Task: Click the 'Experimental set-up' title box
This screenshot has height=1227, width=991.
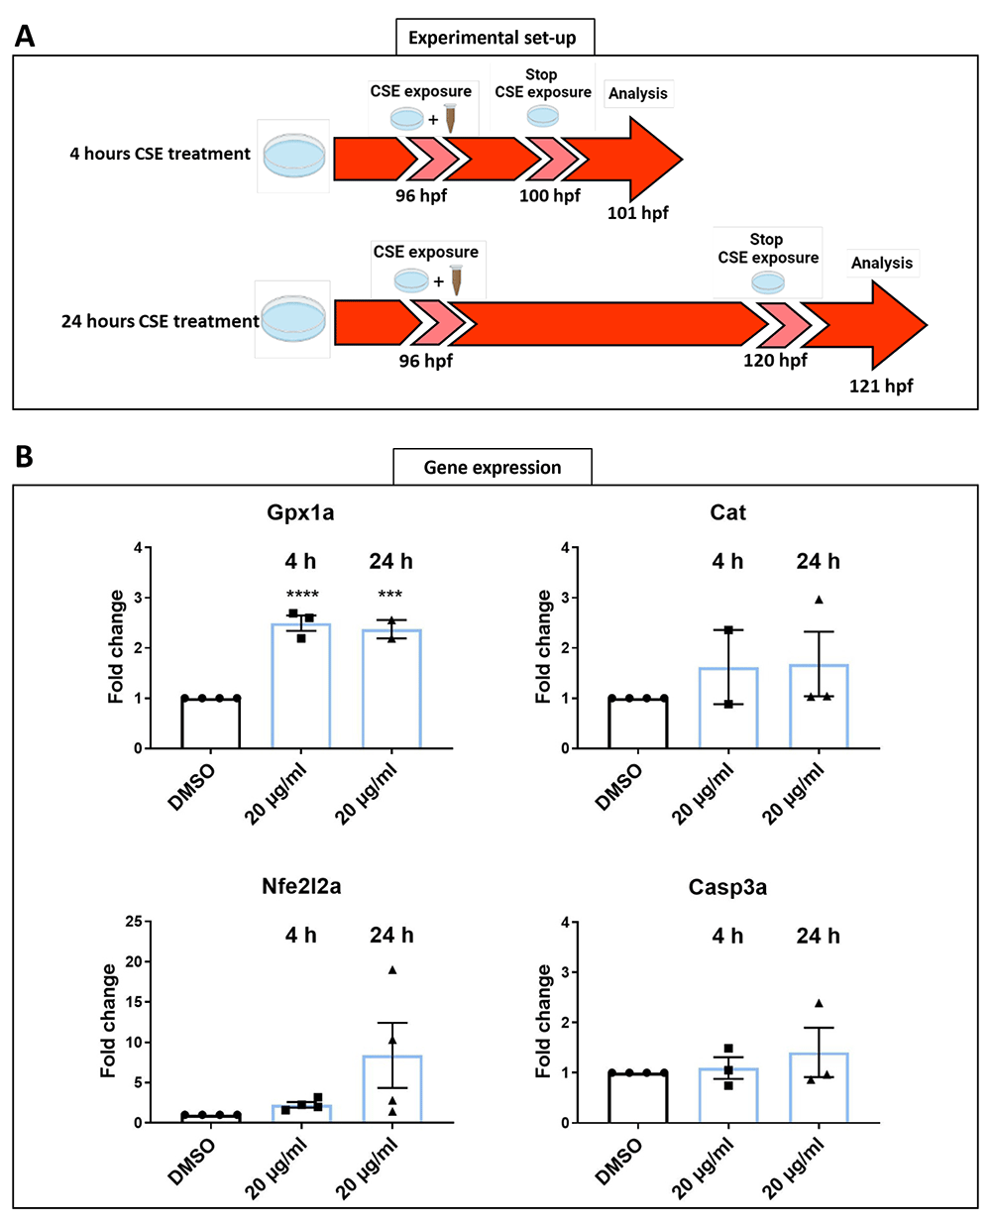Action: click(x=495, y=38)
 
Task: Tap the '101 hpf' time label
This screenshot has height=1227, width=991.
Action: click(x=637, y=213)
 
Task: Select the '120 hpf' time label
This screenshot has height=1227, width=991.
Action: click(x=775, y=360)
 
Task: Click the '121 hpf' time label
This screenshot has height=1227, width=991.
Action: click(x=880, y=386)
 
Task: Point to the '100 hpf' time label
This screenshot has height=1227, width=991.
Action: click(x=549, y=196)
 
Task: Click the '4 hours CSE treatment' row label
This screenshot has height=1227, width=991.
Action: click(x=161, y=154)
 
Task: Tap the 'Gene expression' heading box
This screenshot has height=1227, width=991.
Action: click(x=493, y=467)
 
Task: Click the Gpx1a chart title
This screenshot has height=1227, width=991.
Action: click(x=300, y=512)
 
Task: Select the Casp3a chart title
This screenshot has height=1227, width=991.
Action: click(x=727, y=887)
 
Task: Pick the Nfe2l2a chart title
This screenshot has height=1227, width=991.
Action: click(x=301, y=886)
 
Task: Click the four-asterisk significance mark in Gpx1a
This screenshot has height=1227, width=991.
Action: click(x=301, y=594)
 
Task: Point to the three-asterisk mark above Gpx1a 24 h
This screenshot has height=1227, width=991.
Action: click(x=389, y=594)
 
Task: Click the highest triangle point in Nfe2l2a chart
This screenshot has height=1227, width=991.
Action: click(x=392, y=970)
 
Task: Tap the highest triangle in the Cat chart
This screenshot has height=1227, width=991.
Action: click(x=819, y=600)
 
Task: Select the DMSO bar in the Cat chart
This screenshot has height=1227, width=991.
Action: click(x=638, y=723)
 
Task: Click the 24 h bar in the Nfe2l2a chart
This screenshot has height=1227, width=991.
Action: click(x=392, y=1088)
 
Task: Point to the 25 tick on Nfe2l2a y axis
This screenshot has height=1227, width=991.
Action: click(x=134, y=921)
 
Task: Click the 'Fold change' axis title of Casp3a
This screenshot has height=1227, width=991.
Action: click(x=543, y=1020)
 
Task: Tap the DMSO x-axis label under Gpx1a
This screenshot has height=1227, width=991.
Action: click(x=190, y=787)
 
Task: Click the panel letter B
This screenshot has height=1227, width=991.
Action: click(x=24, y=457)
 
